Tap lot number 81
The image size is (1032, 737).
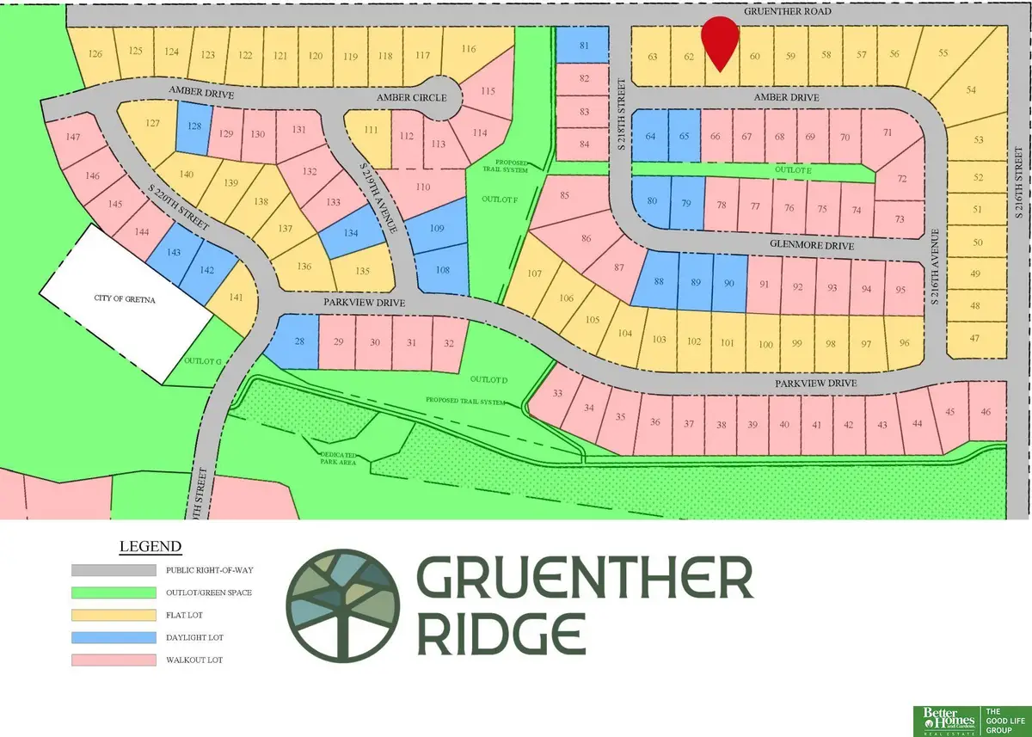coord(585,46)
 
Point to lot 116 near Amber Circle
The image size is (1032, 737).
coord(469,49)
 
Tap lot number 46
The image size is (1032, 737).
coord(986,412)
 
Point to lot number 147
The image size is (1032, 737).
coord(73,137)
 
